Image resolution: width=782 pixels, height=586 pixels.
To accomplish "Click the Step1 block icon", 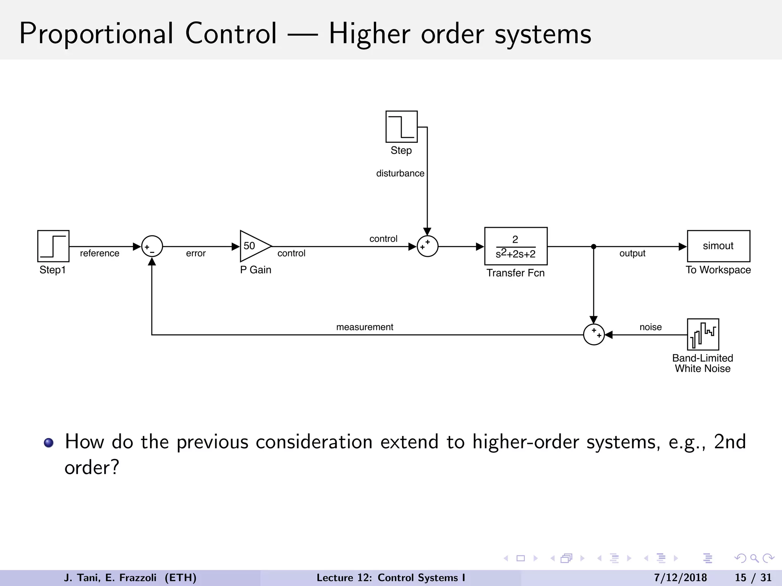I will [53, 246].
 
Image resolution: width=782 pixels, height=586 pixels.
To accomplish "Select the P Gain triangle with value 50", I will [254, 246].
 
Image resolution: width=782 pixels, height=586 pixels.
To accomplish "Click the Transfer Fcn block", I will [515, 246].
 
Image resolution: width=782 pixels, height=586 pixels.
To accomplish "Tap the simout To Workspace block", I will [718, 246].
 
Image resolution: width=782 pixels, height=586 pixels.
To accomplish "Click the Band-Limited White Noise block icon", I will [703, 334].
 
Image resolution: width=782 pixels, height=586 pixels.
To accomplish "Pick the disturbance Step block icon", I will [401, 127].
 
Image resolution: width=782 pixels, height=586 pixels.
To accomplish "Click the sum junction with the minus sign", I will [152, 246].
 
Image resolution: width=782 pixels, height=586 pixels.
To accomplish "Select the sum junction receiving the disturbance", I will [427, 246].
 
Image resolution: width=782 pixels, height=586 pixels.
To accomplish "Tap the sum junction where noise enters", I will [594, 335].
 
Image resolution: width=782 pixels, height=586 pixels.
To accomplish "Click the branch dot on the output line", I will [593, 246].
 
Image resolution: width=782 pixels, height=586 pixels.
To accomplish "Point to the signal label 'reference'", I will [99, 253].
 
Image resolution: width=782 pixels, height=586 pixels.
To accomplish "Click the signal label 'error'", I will [195, 253].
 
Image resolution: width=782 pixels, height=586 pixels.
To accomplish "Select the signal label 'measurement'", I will [364, 327].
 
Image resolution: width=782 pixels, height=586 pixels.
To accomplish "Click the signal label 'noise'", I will [650, 327].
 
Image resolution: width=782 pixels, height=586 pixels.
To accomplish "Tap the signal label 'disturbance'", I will [400, 174].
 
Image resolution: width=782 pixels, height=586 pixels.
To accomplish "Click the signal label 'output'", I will [632, 253].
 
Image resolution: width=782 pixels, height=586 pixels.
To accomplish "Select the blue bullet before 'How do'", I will [48, 443].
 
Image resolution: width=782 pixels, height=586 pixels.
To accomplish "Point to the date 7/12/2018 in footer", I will [680, 578].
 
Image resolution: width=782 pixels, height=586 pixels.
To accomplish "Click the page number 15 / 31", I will [753, 578].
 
